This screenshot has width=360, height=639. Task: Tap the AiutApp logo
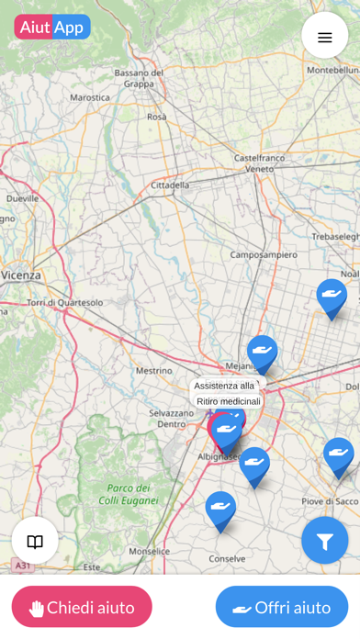coord(52,28)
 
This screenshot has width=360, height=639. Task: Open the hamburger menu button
coord(324,37)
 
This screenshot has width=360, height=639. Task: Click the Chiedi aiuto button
coord(82,607)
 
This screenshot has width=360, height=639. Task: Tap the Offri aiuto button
coord(282,607)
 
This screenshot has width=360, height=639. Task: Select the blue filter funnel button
coord(324,541)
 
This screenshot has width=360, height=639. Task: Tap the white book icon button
coord(35,541)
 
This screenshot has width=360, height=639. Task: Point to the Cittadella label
coord(170,185)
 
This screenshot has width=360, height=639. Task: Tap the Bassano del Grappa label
coord(140,78)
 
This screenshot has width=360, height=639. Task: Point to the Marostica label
coord(90,96)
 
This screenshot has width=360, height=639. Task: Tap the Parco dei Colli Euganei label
coord(129,494)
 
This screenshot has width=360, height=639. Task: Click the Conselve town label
coord(227,557)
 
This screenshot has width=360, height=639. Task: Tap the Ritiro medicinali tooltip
coord(229,401)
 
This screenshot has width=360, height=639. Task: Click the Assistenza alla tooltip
coord(224,386)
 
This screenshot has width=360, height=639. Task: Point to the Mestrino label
coord(153,371)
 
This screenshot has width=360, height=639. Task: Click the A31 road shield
coord(23,566)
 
